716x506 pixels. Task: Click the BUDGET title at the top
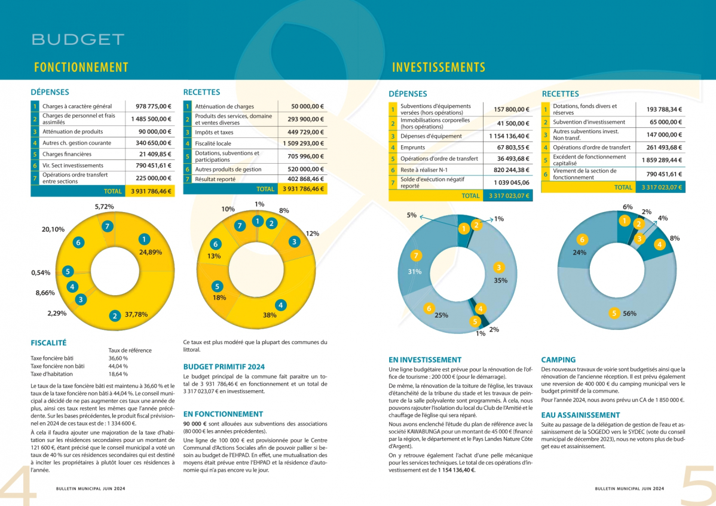pos(78,39)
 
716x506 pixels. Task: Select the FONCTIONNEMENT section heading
pos(81,68)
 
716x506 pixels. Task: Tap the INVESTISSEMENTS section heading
pos(439,68)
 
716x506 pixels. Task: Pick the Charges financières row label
pos(65,154)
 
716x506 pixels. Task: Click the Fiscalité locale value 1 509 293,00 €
pos(303,143)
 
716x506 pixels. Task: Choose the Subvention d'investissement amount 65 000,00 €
pos(663,122)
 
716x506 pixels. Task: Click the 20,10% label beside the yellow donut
pos(53,229)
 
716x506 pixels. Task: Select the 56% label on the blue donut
pos(629,313)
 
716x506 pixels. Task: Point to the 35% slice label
pos(500,280)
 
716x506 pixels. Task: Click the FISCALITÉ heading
pos(48,343)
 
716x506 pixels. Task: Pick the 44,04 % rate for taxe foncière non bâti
pos(118,366)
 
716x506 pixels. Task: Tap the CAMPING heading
pos(558,360)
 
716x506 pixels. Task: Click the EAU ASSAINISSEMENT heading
pos(580,415)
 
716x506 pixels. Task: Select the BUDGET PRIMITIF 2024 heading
pos(224,366)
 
